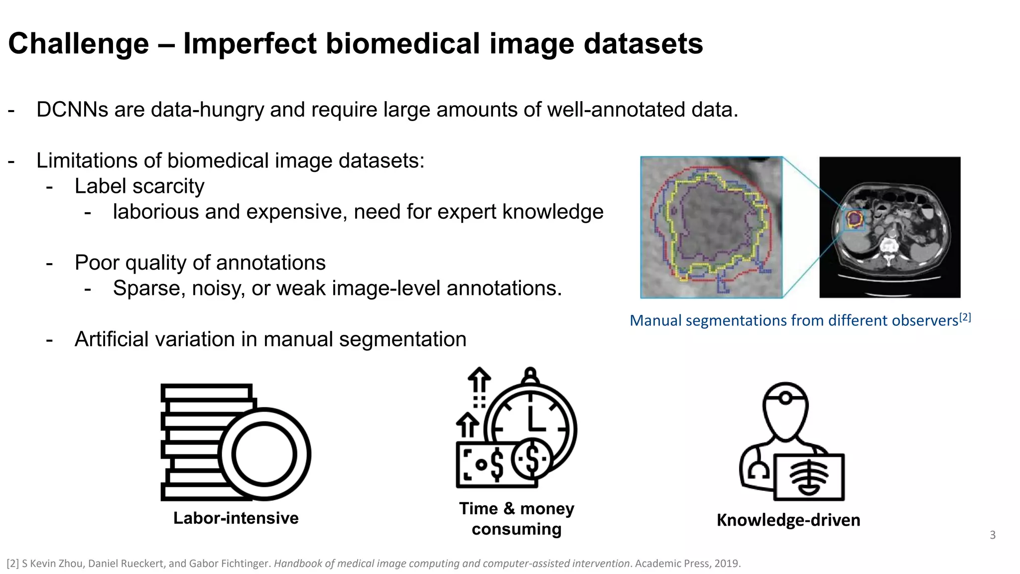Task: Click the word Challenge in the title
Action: click(x=79, y=44)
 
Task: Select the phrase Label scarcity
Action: click(x=139, y=186)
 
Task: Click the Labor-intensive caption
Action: click(x=236, y=518)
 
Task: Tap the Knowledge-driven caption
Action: click(x=788, y=520)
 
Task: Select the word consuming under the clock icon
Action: click(x=516, y=529)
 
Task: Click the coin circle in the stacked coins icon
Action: click(x=264, y=454)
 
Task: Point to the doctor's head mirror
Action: click(x=785, y=399)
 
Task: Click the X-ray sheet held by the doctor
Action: click(x=809, y=477)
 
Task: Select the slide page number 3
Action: click(x=992, y=535)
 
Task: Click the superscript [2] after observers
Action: click(x=965, y=317)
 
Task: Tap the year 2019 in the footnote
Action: click(x=727, y=564)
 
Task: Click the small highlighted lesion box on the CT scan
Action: click(x=854, y=219)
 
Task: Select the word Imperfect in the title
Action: click(x=250, y=44)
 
